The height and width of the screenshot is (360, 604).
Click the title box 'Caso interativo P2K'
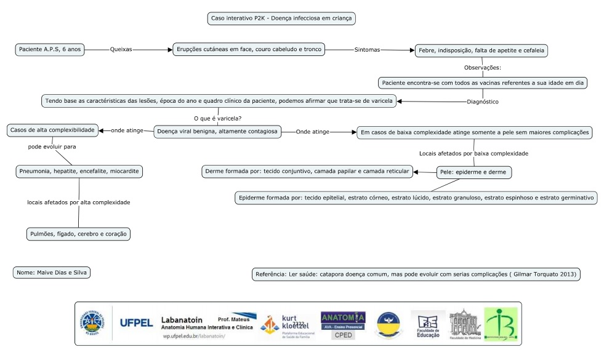281,18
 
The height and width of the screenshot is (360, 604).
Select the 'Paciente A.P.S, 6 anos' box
50,49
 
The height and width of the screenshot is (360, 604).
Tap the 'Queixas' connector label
121,49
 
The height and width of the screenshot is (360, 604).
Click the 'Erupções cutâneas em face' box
248,49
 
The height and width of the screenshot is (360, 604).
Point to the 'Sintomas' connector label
368,49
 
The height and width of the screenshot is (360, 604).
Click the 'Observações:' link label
482,67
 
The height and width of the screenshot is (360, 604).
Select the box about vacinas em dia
483,82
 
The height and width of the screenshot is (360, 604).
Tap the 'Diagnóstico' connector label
482,101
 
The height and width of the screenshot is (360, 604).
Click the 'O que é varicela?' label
217,118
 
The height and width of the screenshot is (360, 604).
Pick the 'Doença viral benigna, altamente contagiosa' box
217,131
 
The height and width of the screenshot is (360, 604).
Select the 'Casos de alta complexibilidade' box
52,130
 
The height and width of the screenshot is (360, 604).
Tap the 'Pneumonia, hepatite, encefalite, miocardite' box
79,171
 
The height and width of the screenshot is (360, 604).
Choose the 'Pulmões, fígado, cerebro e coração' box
79,234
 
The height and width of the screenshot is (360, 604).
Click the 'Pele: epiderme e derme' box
473,172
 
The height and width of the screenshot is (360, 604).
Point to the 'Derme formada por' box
307,172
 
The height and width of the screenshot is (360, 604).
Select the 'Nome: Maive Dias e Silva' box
52,272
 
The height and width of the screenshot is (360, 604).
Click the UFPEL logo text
137,323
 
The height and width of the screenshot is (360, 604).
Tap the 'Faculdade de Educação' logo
429,324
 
